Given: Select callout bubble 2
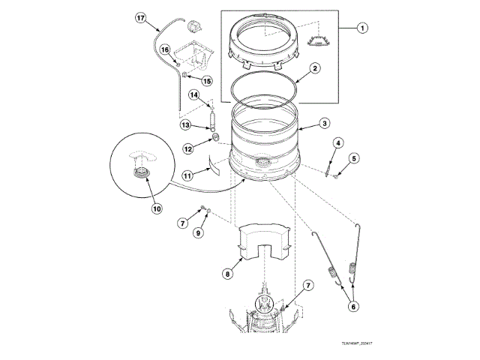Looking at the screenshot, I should (316, 68).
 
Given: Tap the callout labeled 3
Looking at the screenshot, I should (324, 124).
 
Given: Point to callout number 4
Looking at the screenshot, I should (337, 142).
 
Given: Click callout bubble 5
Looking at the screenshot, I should (355, 157).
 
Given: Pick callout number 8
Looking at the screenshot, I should (226, 274).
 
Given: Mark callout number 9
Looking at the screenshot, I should (199, 232).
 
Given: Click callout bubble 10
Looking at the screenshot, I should (157, 208).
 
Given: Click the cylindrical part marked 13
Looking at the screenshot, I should (212, 121).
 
